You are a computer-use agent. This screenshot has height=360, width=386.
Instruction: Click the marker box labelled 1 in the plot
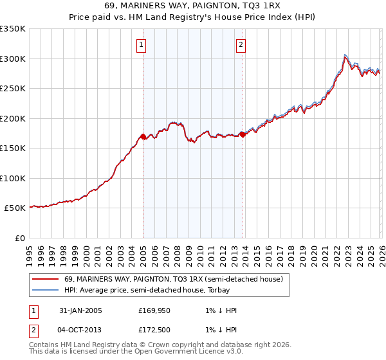[x=141, y=45]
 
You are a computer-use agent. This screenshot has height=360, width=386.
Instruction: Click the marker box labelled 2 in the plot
[x=241, y=45]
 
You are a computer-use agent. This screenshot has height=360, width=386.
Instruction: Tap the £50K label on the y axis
[x=15, y=208]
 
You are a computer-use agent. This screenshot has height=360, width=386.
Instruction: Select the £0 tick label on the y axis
[x=19, y=238]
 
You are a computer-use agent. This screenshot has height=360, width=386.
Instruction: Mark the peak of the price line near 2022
[x=345, y=55]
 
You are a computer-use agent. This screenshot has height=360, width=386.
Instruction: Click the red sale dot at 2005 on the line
[x=143, y=136]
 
